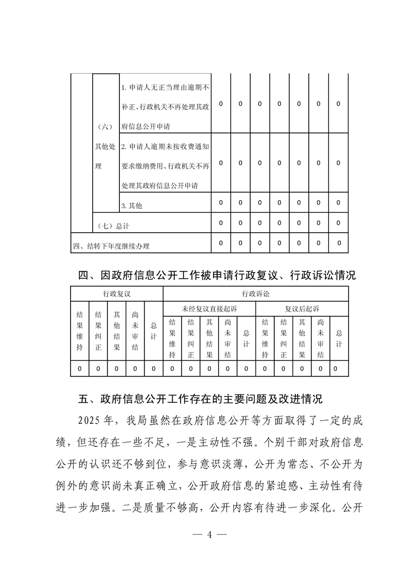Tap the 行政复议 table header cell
[117, 293]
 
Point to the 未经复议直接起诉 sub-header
[209, 308]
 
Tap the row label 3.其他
[131, 206]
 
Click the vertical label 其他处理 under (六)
[105, 156]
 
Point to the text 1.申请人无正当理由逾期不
[165, 86]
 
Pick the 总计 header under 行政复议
[153, 331]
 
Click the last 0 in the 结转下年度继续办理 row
[338, 243]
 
